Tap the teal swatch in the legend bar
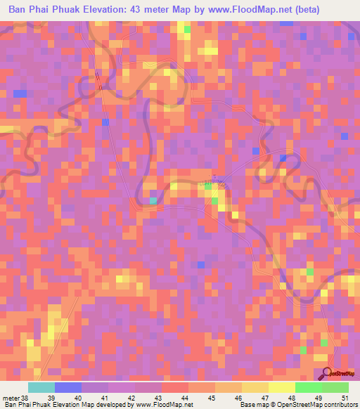tap(41, 387)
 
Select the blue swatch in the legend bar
tap(68, 387)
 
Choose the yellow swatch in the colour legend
tap(281, 387)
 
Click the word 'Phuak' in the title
tap(67, 10)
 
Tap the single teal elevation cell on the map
tap(153, 202)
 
